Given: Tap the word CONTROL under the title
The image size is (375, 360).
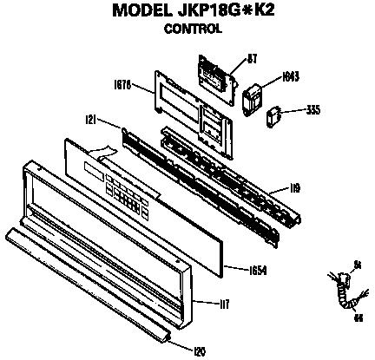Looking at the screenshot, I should coord(193,28).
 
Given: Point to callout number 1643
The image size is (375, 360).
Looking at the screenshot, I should coord(291,76).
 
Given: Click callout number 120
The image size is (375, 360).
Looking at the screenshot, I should coord(198,350).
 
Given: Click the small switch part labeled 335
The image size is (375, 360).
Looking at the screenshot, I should coord(274,114).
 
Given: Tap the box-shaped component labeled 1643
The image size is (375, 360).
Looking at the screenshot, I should coord(253,95).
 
